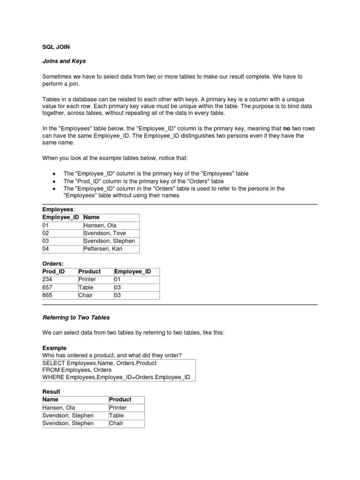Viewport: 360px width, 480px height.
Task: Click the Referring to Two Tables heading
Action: [x=76, y=317]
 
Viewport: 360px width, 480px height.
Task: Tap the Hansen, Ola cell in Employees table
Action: [x=99, y=225]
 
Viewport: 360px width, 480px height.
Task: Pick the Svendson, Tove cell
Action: [x=105, y=233]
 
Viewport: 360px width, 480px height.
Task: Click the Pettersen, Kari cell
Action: [x=103, y=249]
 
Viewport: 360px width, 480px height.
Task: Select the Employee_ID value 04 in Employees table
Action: [x=46, y=249]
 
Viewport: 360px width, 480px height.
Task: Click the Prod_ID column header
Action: [x=53, y=271]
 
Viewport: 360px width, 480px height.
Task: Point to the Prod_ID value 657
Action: [x=47, y=287]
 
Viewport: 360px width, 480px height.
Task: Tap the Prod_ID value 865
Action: [x=47, y=295]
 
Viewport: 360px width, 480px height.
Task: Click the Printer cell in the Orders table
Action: [x=87, y=279]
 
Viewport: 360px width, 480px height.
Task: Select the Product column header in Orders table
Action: [x=90, y=271]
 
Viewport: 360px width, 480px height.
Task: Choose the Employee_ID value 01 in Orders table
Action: [x=118, y=279]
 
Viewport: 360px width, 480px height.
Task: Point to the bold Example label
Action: [x=54, y=348]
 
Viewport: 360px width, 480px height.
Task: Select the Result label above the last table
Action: [x=51, y=391]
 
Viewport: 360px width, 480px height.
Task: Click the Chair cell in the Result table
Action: [x=116, y=423]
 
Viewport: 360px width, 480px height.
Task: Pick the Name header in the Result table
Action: [x=51, y=399]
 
